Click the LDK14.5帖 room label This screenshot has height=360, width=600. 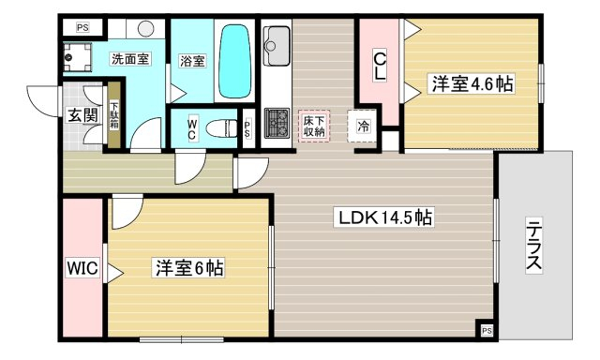(x=383, y=217)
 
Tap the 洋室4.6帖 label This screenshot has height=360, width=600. (x=472, y=83)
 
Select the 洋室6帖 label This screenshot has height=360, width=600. (x=188, y=267)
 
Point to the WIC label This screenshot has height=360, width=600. (x=82, y=267)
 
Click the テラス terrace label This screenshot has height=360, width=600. (x=533, y=245)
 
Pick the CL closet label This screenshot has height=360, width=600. (x=380, y=67)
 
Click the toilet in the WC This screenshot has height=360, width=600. (x=221, y=128)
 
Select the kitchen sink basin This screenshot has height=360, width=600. (x=276, y=46)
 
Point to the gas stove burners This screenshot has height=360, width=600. (x=277, y=123)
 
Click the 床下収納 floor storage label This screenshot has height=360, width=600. (x=314, y=127)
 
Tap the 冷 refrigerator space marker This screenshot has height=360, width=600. (x=364, y=126)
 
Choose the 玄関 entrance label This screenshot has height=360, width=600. (x=82, y=114)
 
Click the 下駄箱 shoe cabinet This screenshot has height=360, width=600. (x=114, y=114)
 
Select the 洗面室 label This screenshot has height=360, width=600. (x=130, y=59)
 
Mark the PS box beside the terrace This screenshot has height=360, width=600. (x=487, y=330)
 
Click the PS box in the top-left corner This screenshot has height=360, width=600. (x=82, y=27)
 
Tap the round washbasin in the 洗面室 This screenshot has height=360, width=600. (x=145, y=29)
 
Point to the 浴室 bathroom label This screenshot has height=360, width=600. (x=192, y=61)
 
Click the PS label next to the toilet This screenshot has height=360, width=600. (x=247, y=129)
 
